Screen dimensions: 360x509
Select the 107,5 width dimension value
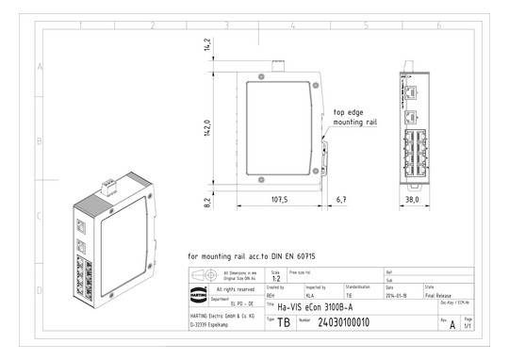click(279, 200)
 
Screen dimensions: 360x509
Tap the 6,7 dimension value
click(341, 200)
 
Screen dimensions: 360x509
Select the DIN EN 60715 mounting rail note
click(249, 255)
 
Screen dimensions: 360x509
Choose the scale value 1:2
click(275, 279)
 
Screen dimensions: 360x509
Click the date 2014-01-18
click(400, 295)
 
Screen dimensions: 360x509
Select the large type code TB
click(284, 322)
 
